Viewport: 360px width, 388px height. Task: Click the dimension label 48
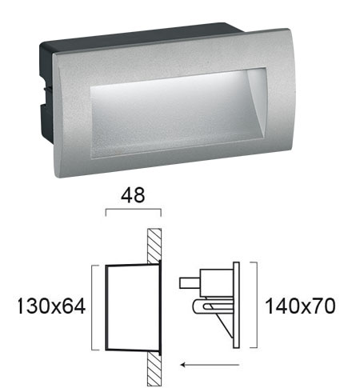click(133, 195)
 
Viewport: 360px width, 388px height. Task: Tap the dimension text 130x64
click(51, 306)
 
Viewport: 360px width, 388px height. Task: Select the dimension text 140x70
click(300, 306)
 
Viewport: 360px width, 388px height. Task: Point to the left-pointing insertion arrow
click(210, 365)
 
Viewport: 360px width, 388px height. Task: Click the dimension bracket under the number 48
click(134, 210)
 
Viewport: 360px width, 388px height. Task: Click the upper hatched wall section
click(154, 246)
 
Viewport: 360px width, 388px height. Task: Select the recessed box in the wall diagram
click(134, 307)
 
